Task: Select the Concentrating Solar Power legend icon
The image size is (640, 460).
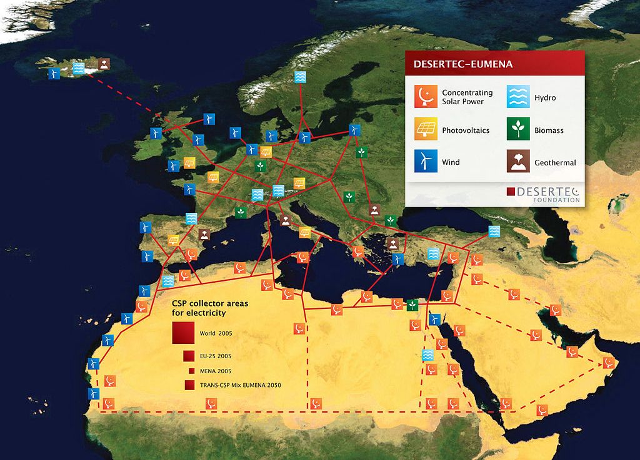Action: [x=425, y=96]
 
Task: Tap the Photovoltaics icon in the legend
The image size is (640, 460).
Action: [x=425, y=129]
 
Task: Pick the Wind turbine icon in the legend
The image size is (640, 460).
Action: [x=425, y=162]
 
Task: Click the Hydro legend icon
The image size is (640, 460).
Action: [x=517, y=96]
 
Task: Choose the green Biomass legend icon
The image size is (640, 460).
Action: [x=517, y=129]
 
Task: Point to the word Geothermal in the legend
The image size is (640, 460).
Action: [x=555, y=163]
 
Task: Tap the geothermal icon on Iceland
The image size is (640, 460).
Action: [x=104, y=64]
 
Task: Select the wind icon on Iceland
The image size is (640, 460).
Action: [x=54, y=73]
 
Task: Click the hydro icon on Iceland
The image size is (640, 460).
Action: [x=79, y=68]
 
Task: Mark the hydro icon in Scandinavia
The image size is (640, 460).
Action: [x=301, y=77]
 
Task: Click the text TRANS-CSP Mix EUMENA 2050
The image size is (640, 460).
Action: [x=240, y=385]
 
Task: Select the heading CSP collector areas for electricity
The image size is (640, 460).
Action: [x=209, y=307]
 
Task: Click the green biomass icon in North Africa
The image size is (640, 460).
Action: [x=412, y=305]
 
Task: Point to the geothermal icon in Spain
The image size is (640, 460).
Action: [x=204, y=234]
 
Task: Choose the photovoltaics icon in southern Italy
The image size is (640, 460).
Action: [x=304, y=232]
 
